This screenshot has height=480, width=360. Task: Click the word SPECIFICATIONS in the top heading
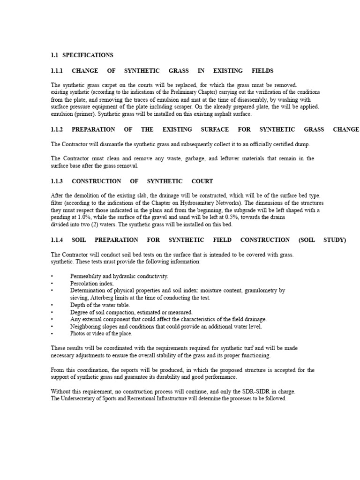(x=88, y=55)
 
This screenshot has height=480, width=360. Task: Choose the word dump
(x=303, y=144)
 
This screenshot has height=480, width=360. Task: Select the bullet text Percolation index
(x=92, y=284)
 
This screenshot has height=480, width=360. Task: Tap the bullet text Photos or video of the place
(x=101, y=334)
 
